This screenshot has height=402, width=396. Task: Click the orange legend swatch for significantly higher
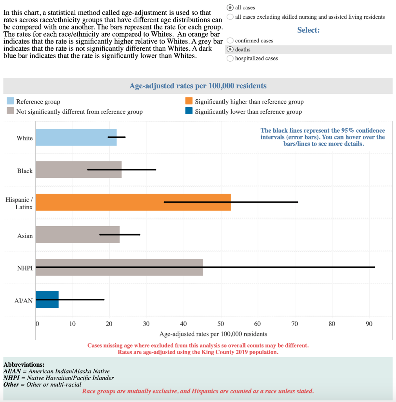click(x=189, y=102)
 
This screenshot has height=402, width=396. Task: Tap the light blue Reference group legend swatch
click(x=11, y=102)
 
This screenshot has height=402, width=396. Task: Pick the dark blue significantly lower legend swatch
click(x=189, y=111)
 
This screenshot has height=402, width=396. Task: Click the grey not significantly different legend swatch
click(x=11, y=111)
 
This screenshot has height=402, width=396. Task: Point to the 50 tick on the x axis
click(x=220, y=324)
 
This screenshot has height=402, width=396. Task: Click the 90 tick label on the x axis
click(x=369, y=324)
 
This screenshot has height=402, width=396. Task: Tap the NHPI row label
click(x=25, y=268)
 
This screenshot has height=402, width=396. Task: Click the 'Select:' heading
click(x=308, y=30)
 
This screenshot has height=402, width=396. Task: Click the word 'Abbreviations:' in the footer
click(x=24, y=365)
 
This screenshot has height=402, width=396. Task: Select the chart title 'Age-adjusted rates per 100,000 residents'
click(x=198, y=86)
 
